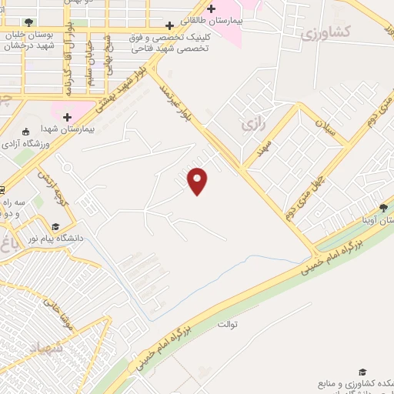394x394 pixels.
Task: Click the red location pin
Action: (x=198, y=181)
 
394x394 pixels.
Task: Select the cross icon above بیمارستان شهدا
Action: (x=68, y=117)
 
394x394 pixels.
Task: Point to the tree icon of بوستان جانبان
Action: (x=29, y=22)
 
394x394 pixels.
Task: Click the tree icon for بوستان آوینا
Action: (x=382, y=208)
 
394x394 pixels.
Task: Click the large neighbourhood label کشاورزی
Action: (x=323, y=32)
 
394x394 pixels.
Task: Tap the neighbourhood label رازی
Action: (x=248, y=122)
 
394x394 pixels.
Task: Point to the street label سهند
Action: (x=267, y=147)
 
